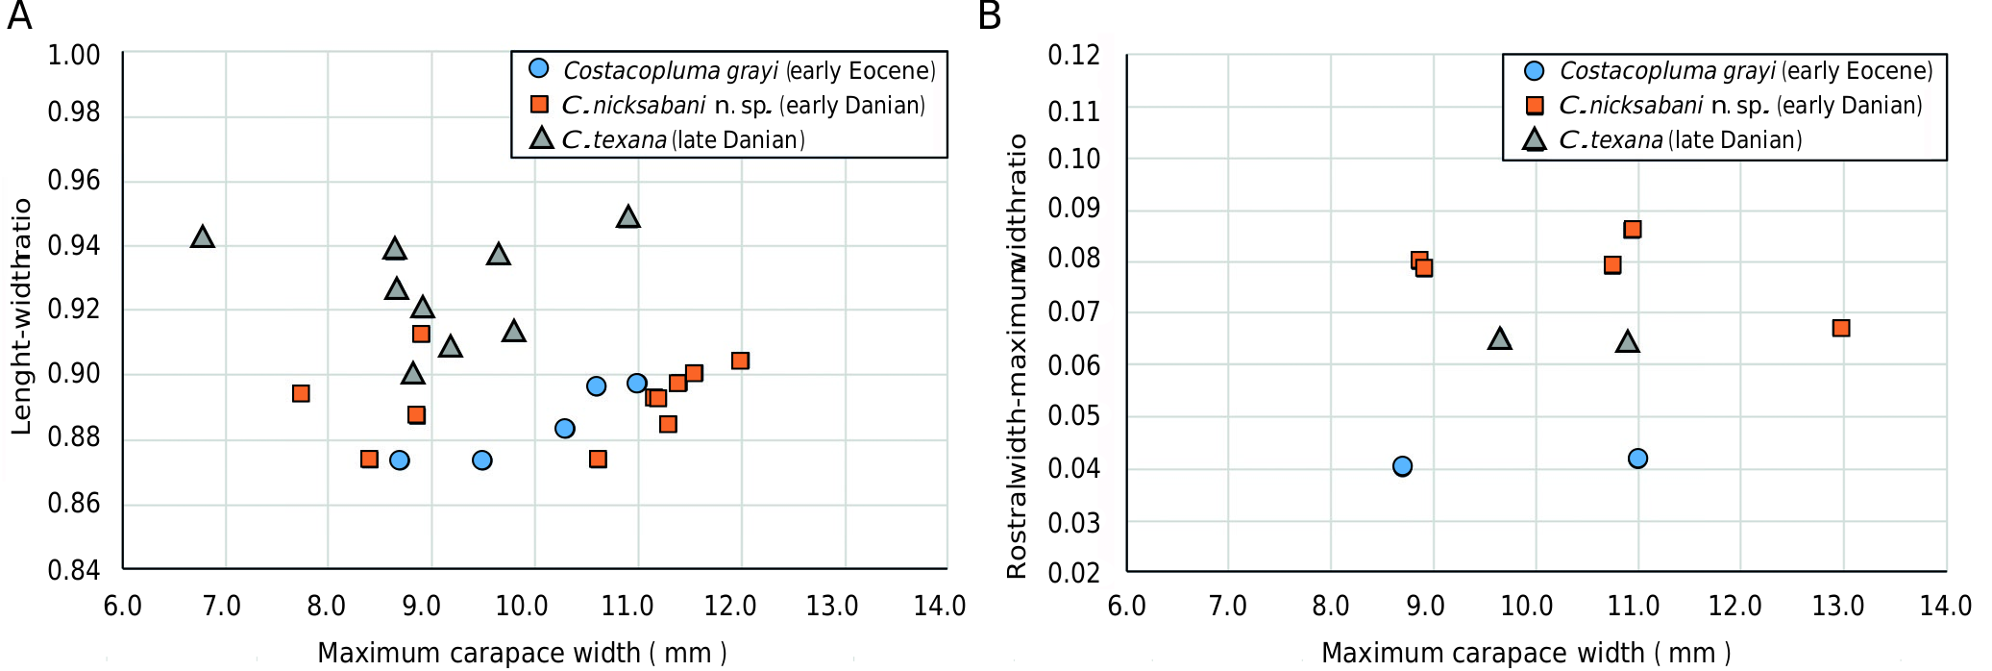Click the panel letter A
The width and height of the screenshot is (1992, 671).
[19, 16]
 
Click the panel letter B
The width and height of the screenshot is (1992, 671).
[990, 16]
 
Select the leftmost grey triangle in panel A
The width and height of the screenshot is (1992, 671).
[202, 236]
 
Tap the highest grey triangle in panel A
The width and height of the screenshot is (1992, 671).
[627, 216]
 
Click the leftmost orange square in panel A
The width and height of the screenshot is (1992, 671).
[301, 393]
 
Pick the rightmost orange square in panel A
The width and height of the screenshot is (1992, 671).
[740, 360]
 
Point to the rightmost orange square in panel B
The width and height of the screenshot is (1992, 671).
[1841, 328]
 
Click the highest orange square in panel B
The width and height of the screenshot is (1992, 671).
[1633, 229]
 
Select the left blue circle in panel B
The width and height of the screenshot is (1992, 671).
[1402, 466]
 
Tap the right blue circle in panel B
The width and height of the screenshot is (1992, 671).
[1637, 459]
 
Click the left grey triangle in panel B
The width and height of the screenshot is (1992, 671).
[1500, 338]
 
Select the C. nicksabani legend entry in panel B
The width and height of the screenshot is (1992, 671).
[1739, 105]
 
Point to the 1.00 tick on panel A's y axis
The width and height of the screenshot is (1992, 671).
[74, 56]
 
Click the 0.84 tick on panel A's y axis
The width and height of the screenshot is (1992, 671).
[74, 570]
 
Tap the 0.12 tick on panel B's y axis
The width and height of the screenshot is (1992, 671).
[1073, 56]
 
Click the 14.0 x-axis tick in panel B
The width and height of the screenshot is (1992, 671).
[1945, 606]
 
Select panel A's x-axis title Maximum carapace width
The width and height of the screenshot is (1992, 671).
[522, 653]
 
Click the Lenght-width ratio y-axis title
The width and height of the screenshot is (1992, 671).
[21, 316]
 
